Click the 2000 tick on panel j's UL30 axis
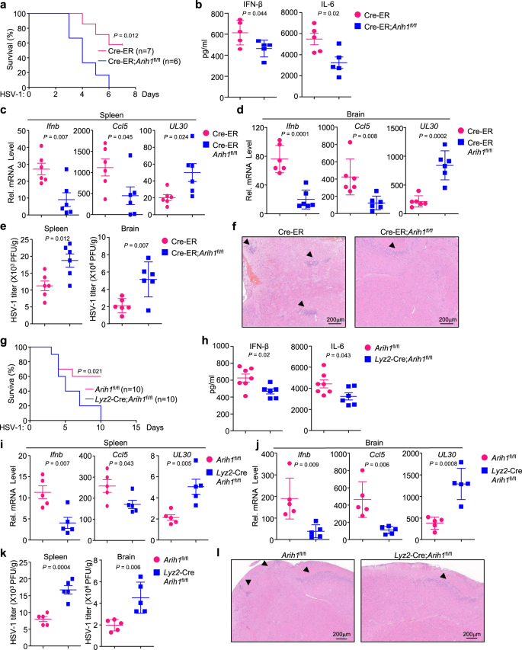coord(402,453)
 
